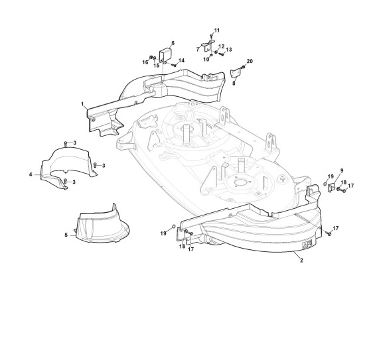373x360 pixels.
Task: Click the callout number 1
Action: (x=82, y=104)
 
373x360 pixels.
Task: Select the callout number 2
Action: (x=301, y=260)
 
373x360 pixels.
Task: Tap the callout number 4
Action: (x=31, y=174)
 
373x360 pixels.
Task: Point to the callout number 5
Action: (x=66, y=235)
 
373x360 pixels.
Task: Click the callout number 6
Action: (x=173, y=43)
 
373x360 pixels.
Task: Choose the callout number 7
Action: (x=198, y=50)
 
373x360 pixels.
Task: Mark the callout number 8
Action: (x=234, y=83)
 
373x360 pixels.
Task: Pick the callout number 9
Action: (x=342, y=170)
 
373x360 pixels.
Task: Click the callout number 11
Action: (x=217, y=30)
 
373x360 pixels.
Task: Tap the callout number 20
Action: (x=250, y=61)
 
